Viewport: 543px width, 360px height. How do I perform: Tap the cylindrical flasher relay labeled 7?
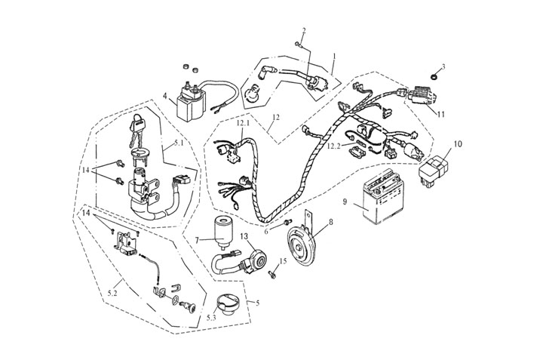(223, 230)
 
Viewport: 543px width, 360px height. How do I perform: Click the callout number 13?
(244, 236)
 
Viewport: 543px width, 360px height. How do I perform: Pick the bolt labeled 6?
(287, 223)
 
